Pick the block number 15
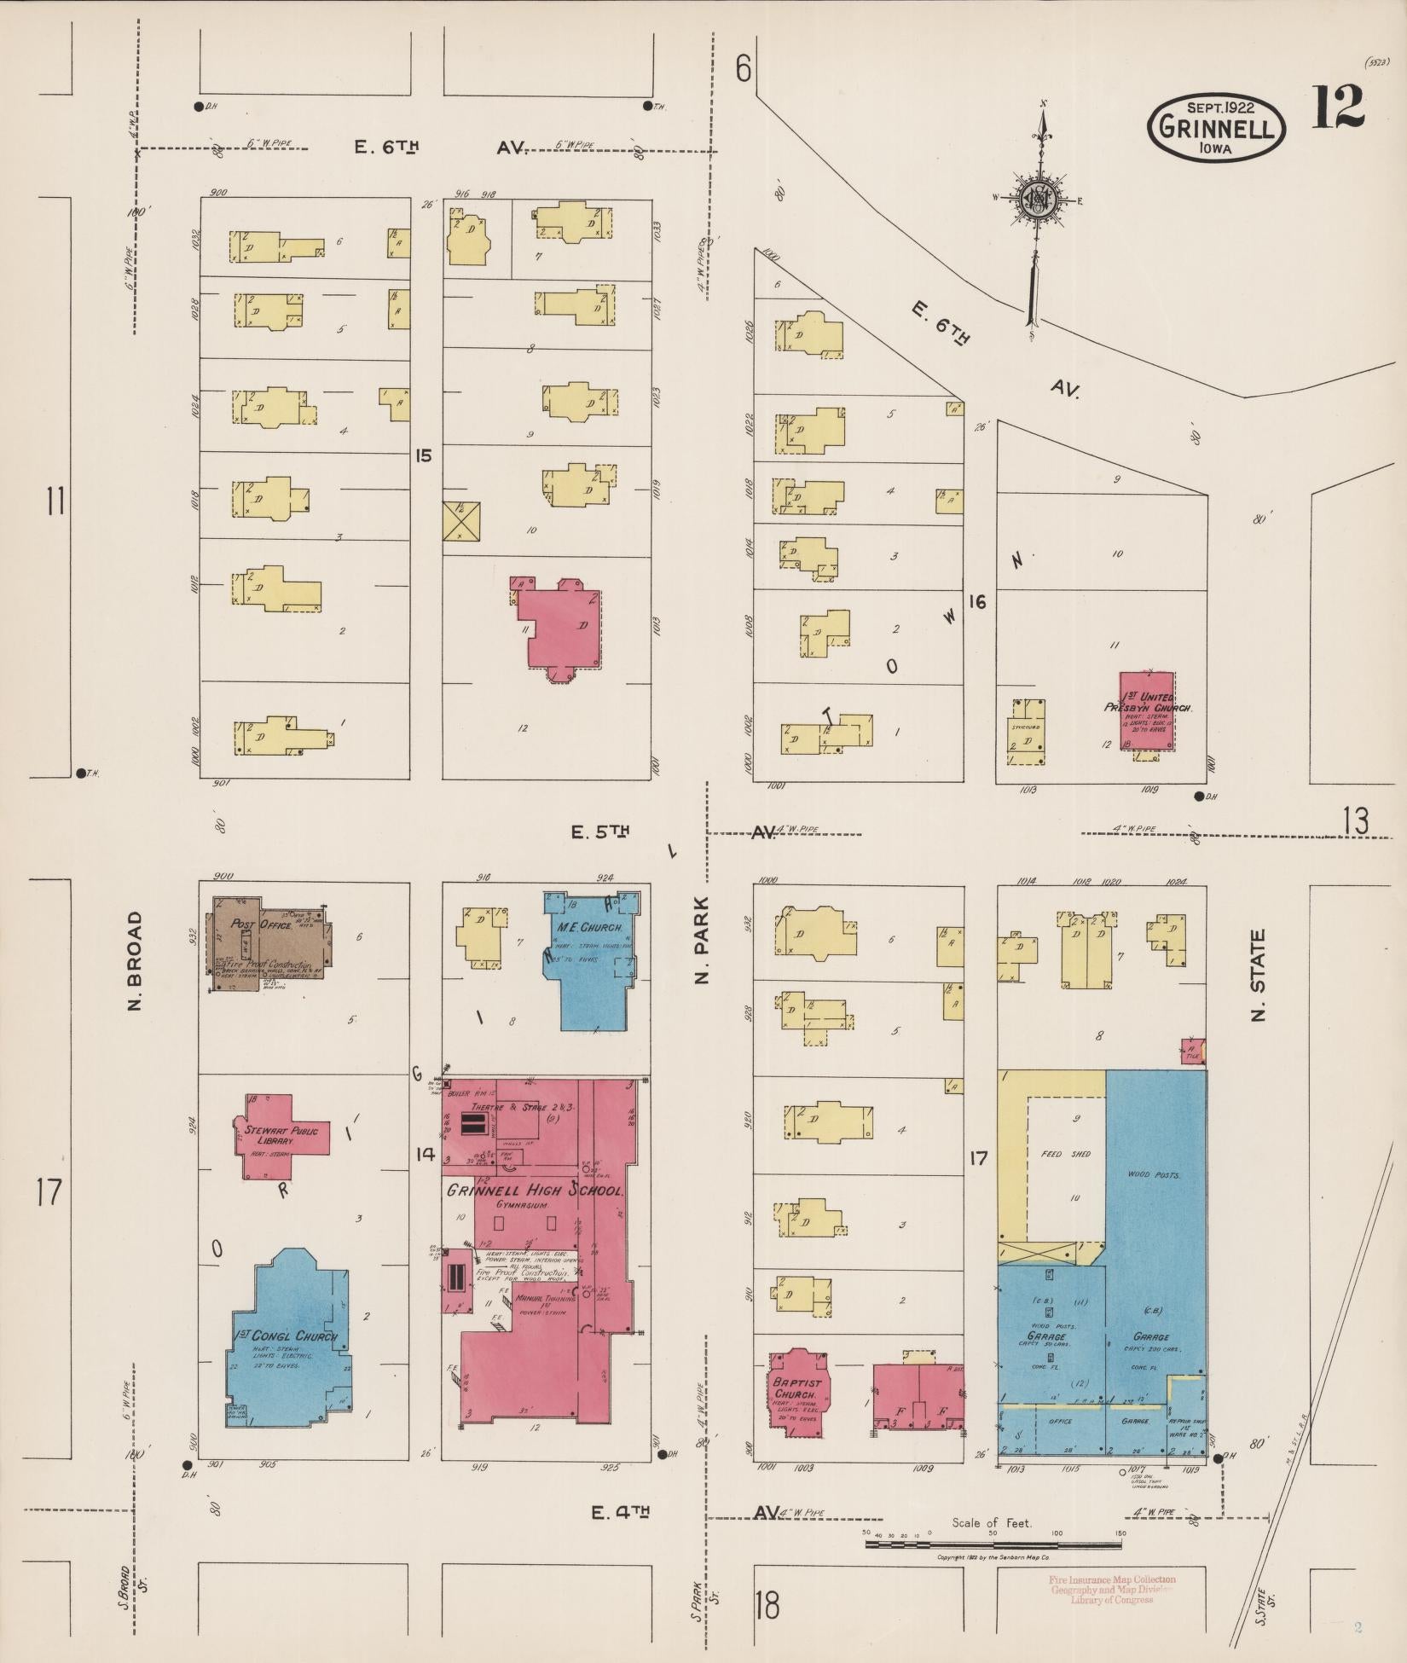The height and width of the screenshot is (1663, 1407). [424, 455]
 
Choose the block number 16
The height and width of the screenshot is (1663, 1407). [977, 602]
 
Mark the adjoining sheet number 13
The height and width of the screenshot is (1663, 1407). [1355, 820]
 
